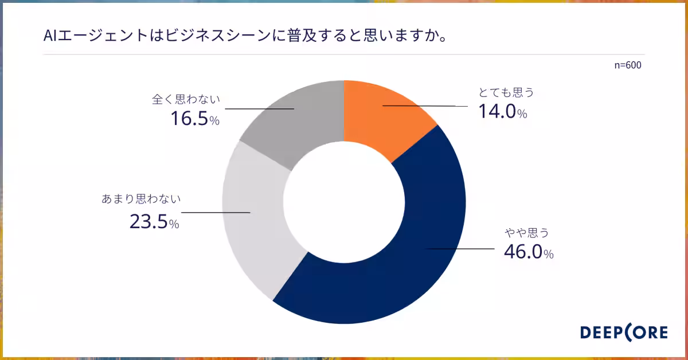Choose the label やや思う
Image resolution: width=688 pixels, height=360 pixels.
[x=527, y=232]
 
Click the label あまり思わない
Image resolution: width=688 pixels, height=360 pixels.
[x=141, y=199]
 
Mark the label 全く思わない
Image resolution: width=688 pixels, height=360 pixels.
[x=186, y=99]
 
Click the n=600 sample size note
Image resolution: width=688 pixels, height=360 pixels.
[x=628, y=65]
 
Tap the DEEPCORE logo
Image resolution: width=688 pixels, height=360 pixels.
[x=624, y=332]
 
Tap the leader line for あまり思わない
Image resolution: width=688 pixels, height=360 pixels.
[x=217, y=213]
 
